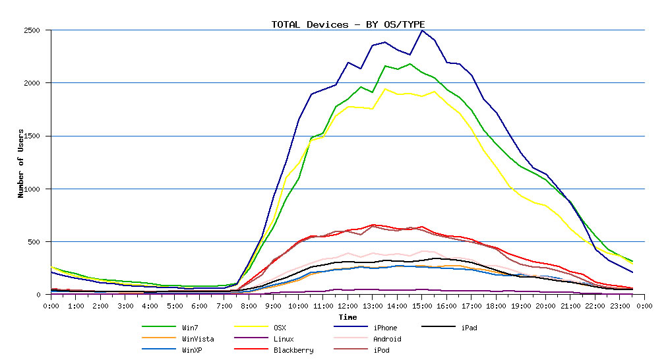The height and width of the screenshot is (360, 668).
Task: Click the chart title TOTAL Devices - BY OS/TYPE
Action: (x=348, y=24)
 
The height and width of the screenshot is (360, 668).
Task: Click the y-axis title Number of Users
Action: (x=20, y=162)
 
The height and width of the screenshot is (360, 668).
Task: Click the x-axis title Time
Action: (x=348, y=317)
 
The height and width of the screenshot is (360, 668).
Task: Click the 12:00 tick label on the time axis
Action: (x=348, y=306)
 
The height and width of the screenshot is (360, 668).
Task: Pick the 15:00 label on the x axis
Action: (x=422, y=306)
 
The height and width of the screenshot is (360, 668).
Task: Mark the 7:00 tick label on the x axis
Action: (x=224, y=306)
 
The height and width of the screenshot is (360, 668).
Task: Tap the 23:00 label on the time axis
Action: (x=620, y=306)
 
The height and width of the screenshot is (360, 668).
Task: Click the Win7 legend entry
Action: (x=189, y=328)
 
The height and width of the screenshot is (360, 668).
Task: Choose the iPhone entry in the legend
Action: (x=384, y=328)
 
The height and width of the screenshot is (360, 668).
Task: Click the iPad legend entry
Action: (x=469, y=328)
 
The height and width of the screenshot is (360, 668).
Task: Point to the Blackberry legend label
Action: (x=293, y=350)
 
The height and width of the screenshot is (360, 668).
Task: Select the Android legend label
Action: (x=386, y=339)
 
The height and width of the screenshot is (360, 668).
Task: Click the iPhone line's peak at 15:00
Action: (x=422, y=30)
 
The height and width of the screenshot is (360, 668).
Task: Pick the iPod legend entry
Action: (x=380, y=350)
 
